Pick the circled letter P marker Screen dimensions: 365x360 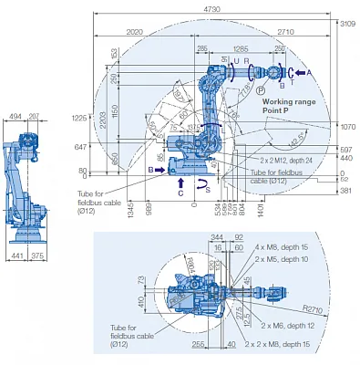tap(262, 89)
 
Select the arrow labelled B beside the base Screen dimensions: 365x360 tap(151, 170)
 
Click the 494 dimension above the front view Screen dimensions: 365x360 tap(15, 117)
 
